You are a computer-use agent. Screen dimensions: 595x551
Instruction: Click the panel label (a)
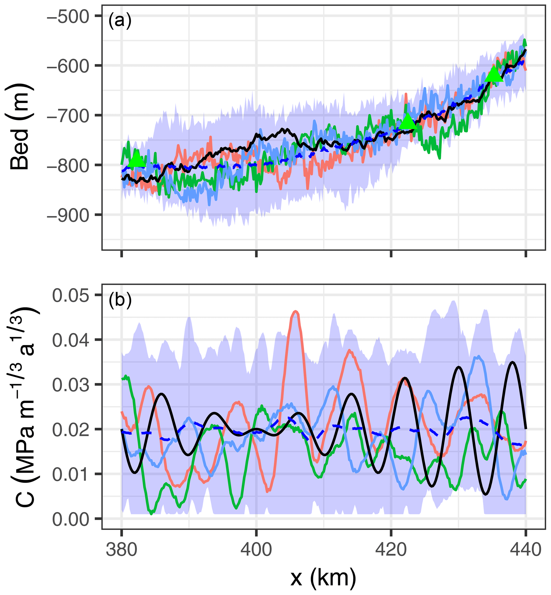120,21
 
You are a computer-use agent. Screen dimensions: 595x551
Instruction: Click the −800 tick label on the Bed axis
68,165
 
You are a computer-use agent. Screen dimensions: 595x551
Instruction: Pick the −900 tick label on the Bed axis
68,215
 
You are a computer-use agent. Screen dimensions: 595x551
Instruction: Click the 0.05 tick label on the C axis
71,296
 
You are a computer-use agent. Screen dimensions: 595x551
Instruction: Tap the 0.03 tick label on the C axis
71,385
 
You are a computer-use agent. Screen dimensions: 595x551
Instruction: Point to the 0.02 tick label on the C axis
71,430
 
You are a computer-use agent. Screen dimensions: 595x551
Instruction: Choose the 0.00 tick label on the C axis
71,519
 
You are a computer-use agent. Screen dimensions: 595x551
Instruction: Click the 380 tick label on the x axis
121,549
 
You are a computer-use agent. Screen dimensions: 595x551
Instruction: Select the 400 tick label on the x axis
256,549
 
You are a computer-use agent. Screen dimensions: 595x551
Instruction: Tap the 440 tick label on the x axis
526,549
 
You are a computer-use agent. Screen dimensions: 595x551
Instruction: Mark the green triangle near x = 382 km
136,159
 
